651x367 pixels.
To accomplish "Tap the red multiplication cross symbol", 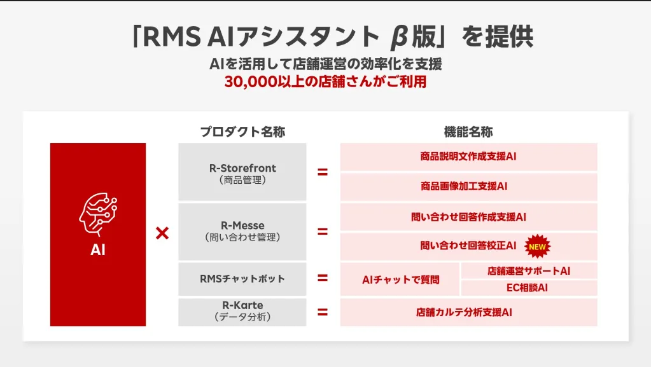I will [x=162, y=233].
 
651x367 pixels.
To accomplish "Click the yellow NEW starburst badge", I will [x=538, y=246].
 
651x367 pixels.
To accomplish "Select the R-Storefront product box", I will [x=242, y=172].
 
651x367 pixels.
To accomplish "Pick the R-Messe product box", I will [x=242, y=231].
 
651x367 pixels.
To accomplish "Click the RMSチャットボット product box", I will [x=242, y=279].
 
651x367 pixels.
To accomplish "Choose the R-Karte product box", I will [x=242, y=311].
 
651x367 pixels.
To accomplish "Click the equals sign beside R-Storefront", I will [x=323, y=172].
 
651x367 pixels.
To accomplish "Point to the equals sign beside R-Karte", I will [x=323, y=312].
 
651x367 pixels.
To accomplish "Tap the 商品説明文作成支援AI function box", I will [x=468, y=156].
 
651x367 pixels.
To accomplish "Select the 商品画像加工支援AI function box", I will [x=468, y=186].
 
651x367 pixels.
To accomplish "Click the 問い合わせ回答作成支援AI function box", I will [x=468, y=216].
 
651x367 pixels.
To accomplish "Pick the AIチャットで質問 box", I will [x=400, y=279].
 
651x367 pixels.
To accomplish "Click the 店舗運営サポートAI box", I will [x=529, y=271].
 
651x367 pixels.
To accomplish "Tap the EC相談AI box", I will [x=529, y=287].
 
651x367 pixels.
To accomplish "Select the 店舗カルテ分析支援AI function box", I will [x=468, y=312].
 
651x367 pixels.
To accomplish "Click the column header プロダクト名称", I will [x=242, y=132].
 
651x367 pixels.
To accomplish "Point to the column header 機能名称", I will [x=468, y=132].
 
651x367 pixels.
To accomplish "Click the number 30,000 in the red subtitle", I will [x=249, y=82].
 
